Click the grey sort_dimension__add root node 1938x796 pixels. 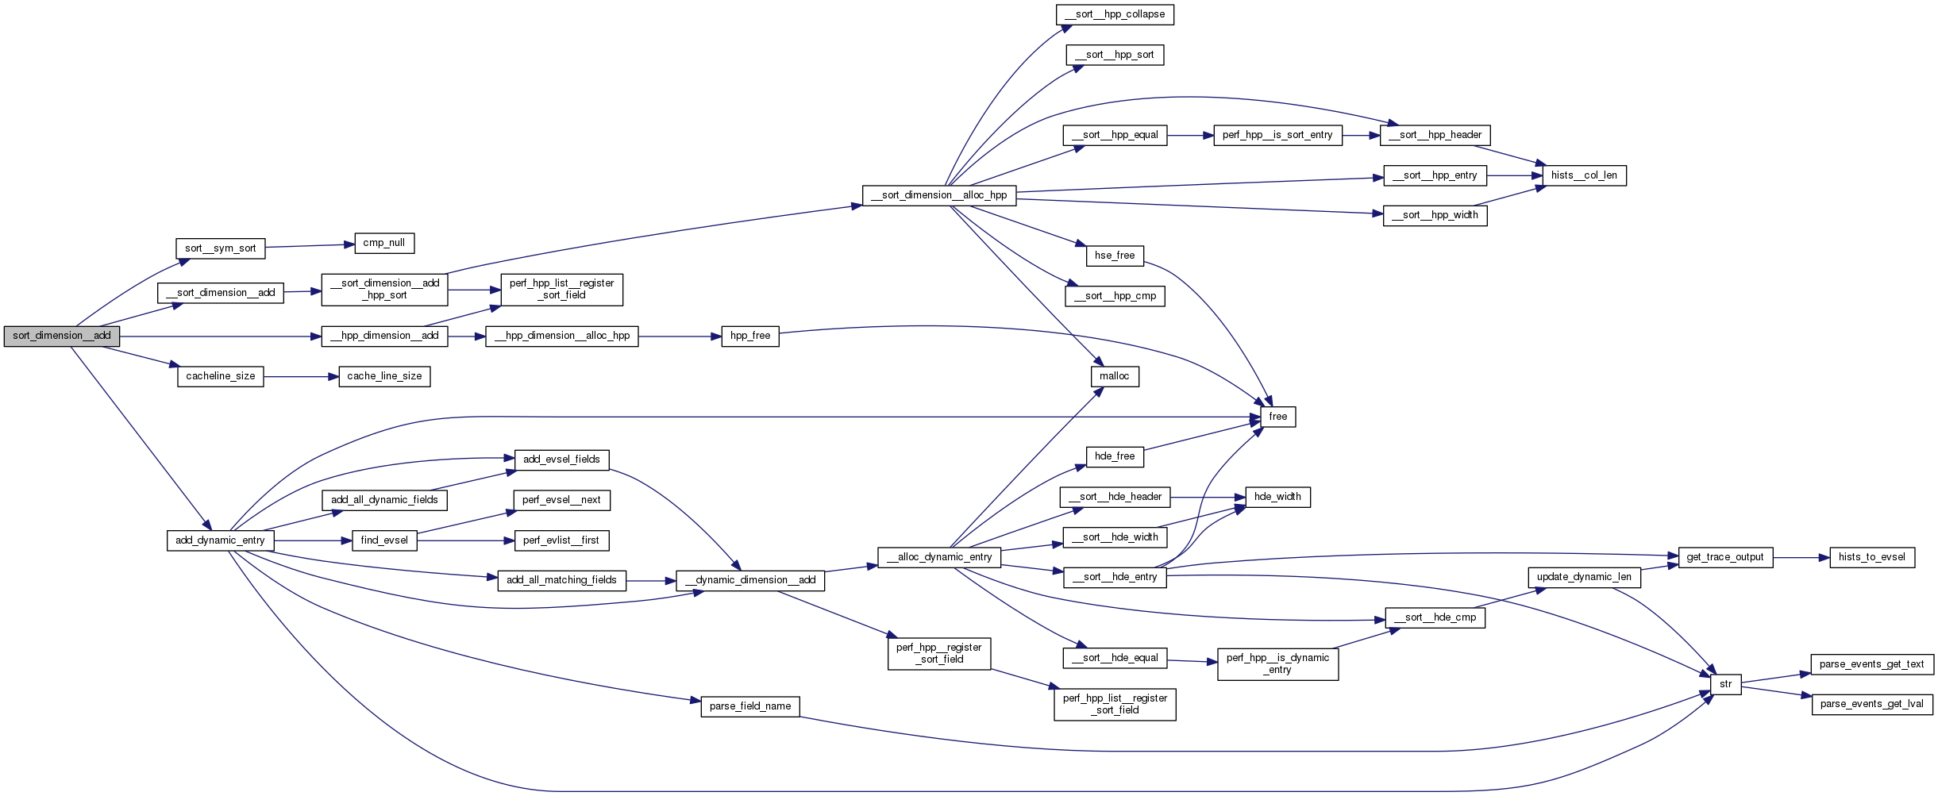[62, 336]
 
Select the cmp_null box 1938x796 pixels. [384, 243]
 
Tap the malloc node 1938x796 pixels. [1115, 376]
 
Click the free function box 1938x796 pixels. [1278, 417]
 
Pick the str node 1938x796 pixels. [1726, 684]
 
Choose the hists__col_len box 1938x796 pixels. [1584, 175]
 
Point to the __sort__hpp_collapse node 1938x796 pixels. [1115, 14]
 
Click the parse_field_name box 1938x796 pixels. [750, 706]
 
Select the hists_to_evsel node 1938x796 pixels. [1872, 557]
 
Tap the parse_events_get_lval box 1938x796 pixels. [1872, 704]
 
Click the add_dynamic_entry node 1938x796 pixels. [221, 540]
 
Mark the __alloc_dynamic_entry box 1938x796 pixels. [939, 557]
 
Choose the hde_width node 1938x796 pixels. [1278, 497]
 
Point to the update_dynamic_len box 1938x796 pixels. [1584, 577]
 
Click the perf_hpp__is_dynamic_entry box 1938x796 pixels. [1278, 663]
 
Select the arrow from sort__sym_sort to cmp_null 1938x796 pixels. [310, 246]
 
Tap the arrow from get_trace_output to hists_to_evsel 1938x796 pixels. [1801, 557]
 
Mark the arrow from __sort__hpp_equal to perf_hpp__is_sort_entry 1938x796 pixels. [1190, 136]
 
